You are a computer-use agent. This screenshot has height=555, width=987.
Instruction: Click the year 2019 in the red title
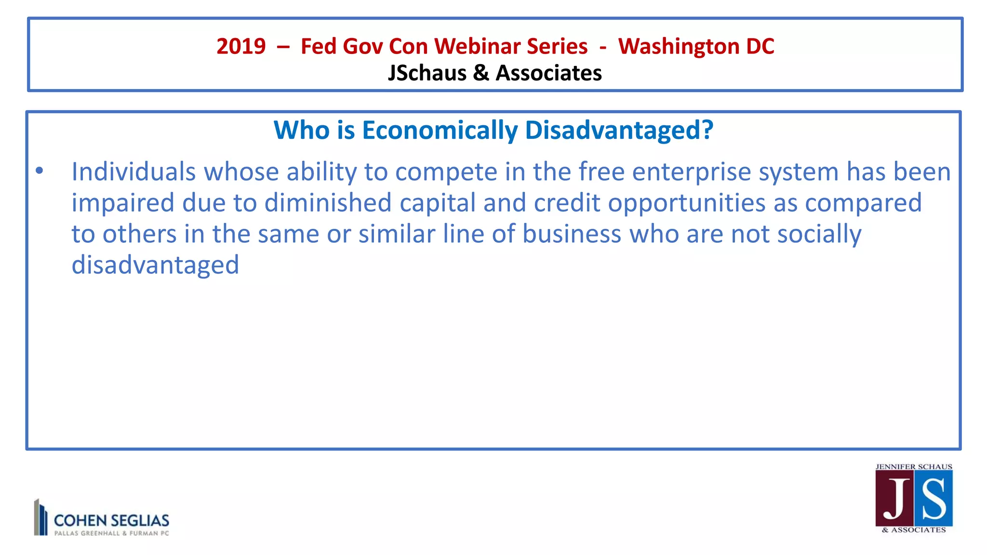pos(241,47)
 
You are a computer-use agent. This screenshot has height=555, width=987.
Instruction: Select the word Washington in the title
pos(679,47)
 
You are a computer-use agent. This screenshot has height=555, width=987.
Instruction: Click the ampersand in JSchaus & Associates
pos(481,73)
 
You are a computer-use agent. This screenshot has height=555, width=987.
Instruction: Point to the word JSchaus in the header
pos(427,73)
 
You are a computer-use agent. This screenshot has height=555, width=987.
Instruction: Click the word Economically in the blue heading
pos(440,131)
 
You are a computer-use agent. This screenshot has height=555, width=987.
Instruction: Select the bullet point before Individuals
pos(40,171)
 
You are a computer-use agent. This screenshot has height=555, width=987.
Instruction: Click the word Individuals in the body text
pos(133,172)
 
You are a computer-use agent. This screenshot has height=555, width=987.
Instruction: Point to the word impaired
pos(123,203)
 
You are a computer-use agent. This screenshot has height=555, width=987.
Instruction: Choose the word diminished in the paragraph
pos(328,203)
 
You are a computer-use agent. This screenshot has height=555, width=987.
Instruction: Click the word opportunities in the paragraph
pos(686,203)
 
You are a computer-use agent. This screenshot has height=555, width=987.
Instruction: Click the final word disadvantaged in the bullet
pos(155,265)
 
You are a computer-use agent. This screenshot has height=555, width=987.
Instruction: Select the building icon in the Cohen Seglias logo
pos(41,517)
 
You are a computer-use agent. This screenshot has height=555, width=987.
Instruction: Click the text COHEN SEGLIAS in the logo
pos(111,520)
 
